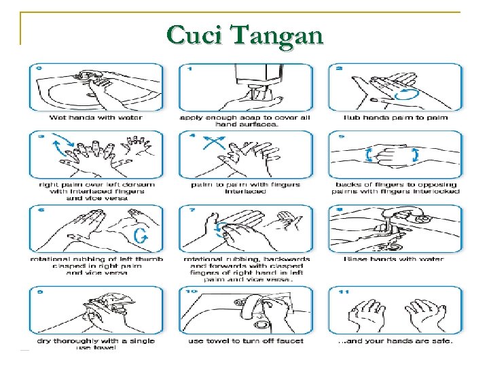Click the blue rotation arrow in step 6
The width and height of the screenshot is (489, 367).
141,236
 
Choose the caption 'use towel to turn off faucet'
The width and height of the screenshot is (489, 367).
246,340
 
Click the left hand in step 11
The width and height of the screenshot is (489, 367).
365,315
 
